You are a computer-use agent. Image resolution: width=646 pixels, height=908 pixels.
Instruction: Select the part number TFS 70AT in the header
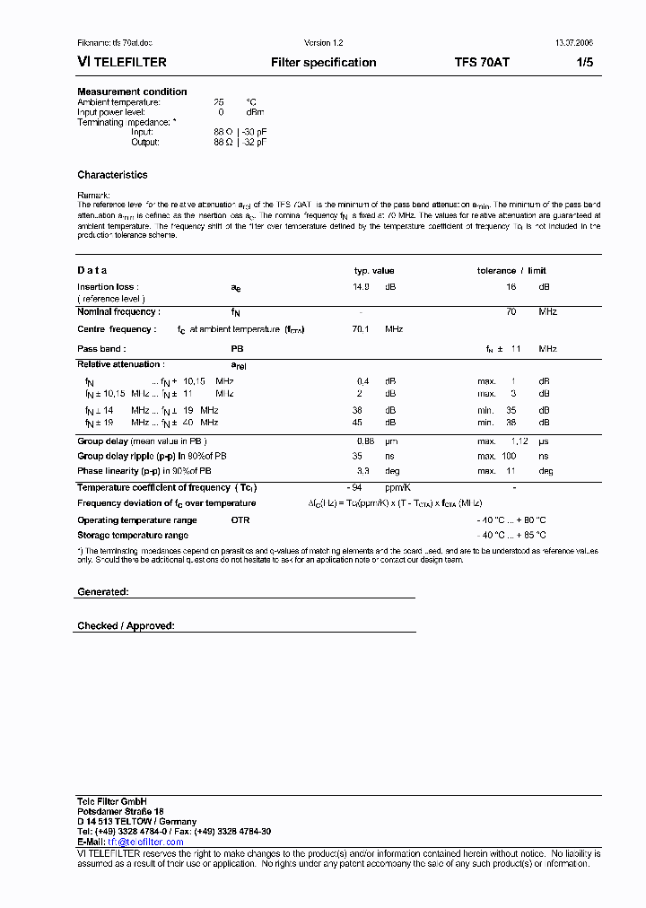[x=482, y=63]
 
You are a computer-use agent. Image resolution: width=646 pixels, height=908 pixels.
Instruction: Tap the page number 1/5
[x=584, y=63]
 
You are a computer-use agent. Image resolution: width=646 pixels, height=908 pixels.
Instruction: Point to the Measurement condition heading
[x=132, y=92]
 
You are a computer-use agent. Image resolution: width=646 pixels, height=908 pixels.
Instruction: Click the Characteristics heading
[x=112, y=175]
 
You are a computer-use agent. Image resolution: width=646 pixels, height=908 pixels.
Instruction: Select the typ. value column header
[x=374, y=270]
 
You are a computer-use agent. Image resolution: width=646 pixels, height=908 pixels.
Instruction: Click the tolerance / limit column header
[x=511, y=270]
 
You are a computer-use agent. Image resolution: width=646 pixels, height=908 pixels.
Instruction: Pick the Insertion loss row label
[x=106, y=287]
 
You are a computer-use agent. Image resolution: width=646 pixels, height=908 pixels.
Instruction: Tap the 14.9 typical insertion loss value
[x=361, y=287]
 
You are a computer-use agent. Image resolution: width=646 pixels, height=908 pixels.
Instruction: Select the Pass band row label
[x=101, y=348]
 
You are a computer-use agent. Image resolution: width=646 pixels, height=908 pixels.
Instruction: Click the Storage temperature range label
[x=132, y=535]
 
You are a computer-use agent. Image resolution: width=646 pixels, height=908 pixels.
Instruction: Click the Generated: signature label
[x=103, y=592]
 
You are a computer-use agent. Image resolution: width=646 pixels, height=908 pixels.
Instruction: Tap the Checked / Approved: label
[x=126, y=625]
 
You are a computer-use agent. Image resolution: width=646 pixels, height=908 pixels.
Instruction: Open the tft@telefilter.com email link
[x=145, y=842]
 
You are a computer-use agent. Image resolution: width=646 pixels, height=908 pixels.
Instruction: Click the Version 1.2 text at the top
[x=324, y=43]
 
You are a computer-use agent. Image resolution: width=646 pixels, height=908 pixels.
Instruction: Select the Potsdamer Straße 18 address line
[x=120, y=810]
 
